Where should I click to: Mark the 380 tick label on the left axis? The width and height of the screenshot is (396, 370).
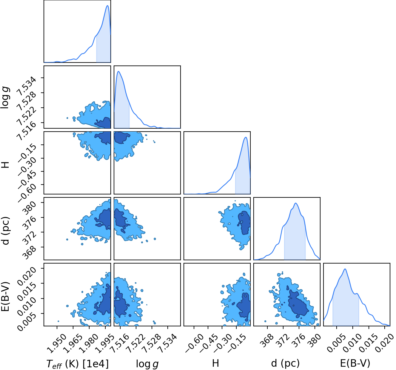(30, 208)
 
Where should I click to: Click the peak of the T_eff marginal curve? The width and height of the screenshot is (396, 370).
(107, 5)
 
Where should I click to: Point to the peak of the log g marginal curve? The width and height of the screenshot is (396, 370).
(118, 71)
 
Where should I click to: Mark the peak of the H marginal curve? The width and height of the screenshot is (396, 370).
(246, 137)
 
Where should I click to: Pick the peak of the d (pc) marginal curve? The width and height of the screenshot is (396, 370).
(296, 203)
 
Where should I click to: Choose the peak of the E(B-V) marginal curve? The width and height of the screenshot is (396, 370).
(345, 269)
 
